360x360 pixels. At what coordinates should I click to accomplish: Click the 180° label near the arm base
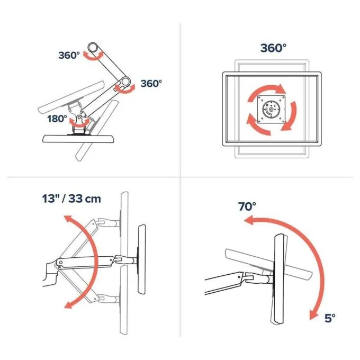coord(57,119)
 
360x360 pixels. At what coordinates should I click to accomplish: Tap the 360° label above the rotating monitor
coord(273,48)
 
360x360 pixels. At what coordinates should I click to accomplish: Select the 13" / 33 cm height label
coord(71,199)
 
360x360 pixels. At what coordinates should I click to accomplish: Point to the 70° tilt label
coord(247,206)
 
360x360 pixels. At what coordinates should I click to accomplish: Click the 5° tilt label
coord(330,318)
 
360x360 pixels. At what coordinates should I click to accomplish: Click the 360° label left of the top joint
coord(69,56)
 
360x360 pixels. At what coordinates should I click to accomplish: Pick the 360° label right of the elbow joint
coord(151,84)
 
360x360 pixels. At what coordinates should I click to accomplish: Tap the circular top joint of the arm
coord(93,48)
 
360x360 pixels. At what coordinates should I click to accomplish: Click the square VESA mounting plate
coord(271,110)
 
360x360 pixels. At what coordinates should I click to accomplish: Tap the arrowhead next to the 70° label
coord(248,220)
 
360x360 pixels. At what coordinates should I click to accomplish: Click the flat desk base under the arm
coord(78,139)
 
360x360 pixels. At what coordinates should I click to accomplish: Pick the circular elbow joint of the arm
coord(125,82)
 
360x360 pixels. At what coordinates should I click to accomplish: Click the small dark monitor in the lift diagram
coord(142,259)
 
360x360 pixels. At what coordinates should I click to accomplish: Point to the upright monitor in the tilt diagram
coord(280,279)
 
